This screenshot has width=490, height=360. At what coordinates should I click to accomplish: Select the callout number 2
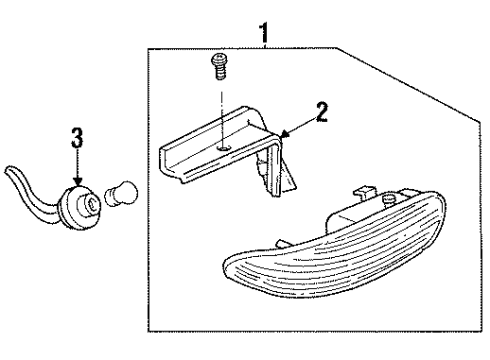coord(319,112)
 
